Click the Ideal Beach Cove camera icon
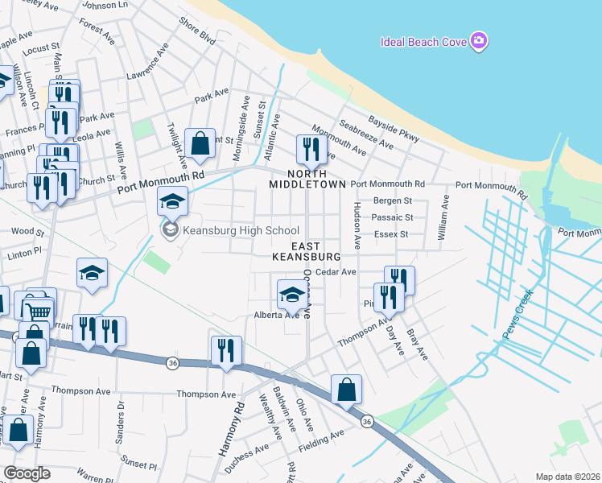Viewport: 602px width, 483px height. click(x=479, y=40)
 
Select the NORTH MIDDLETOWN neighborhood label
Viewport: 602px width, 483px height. click(x=307, y=178)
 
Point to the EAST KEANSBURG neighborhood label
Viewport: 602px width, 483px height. click(x=306, y=251)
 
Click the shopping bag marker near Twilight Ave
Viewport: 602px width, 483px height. click(x=200, y=144)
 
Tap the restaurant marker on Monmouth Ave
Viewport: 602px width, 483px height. click(x=308, y=149)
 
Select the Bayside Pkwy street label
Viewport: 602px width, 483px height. click(x=394, y=129)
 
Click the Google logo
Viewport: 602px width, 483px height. click(x=27, y=473)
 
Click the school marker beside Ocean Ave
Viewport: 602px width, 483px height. click(x=291, y=295)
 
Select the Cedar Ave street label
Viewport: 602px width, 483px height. click(x=336, y=272)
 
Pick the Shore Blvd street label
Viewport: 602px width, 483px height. click(x=198, y=31)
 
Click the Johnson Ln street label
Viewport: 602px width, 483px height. click(x=105, y=6)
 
